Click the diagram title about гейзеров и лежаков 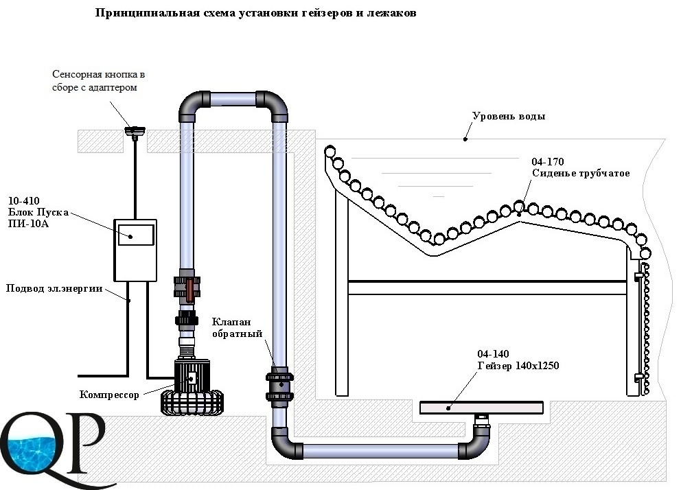255,13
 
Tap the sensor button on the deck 135,131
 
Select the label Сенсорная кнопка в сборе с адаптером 98,81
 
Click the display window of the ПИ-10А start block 136,235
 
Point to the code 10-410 24,201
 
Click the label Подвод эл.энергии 54,288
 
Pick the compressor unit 192,386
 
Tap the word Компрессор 109,395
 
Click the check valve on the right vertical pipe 279,386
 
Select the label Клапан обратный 237,327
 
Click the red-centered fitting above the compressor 187,287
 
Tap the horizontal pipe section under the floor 380,452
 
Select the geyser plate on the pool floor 481,408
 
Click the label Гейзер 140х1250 518,365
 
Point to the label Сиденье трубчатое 581,173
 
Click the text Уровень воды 509,116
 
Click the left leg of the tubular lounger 342,292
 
